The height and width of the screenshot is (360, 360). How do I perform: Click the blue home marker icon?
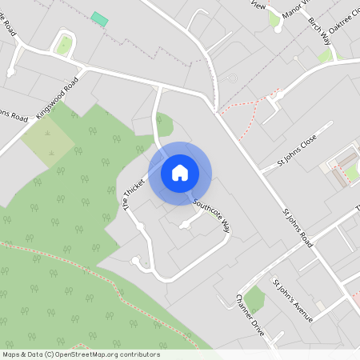coord(180,173)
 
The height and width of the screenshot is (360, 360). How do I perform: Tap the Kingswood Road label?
coord(58,98)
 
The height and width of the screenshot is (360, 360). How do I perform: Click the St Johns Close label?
coord(297,151)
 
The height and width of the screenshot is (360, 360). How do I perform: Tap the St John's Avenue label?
coord(292,300)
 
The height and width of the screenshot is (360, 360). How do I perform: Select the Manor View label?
coord(294,12)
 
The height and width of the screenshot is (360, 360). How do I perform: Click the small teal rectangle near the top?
coord(99,18)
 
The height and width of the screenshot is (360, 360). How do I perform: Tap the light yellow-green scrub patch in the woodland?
coord(48,144)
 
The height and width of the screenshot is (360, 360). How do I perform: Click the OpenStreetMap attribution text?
coord(81,354)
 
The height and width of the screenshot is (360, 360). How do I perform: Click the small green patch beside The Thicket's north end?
coord(166,125)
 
